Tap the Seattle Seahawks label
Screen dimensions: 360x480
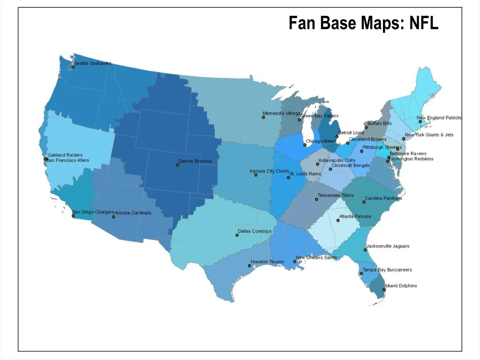[92, 63]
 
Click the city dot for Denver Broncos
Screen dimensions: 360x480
[177, 165]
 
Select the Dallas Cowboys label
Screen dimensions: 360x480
[255, 231]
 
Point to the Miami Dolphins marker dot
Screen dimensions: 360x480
[384, 290]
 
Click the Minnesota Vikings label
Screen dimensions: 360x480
[281, 113]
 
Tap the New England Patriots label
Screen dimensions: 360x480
[439, 118]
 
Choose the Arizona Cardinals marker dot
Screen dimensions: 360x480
[113, 217]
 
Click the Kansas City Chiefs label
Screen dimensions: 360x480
[269, 171]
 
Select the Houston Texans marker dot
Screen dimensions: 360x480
[249, 266]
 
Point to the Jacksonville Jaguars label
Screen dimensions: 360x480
[388, 246]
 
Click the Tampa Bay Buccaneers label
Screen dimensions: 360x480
[387, 270]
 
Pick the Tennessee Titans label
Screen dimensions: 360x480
[336, 195]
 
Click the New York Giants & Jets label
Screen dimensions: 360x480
[429, 135]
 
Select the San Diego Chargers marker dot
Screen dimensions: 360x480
[73, 216]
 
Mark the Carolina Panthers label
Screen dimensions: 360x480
[383, 198]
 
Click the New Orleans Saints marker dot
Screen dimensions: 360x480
[294, 262]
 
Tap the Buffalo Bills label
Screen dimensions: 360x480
[379, 123]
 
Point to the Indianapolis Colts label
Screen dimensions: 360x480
[337, 160]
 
